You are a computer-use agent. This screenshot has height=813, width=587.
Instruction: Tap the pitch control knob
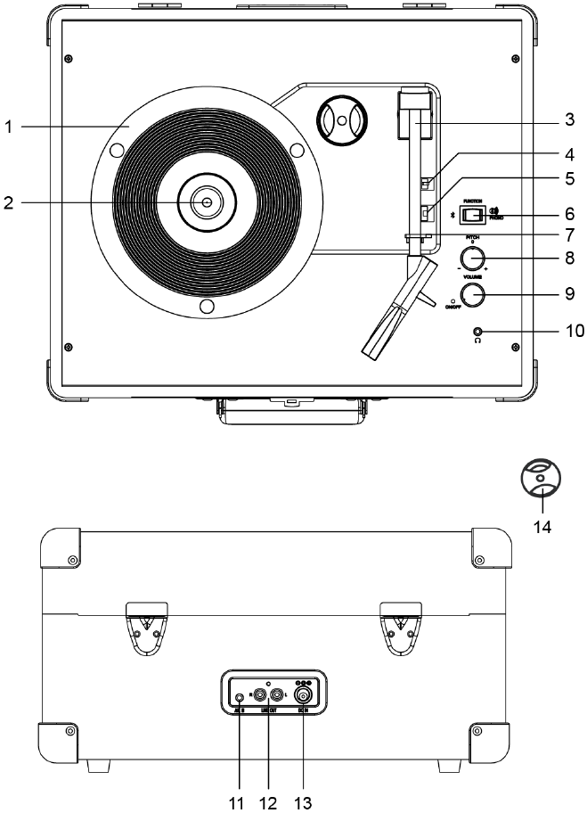click(x=474, y=259)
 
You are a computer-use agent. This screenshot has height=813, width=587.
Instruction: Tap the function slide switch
click(x=477, y=215)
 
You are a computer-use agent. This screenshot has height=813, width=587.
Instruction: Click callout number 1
click(x=8, y=127)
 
